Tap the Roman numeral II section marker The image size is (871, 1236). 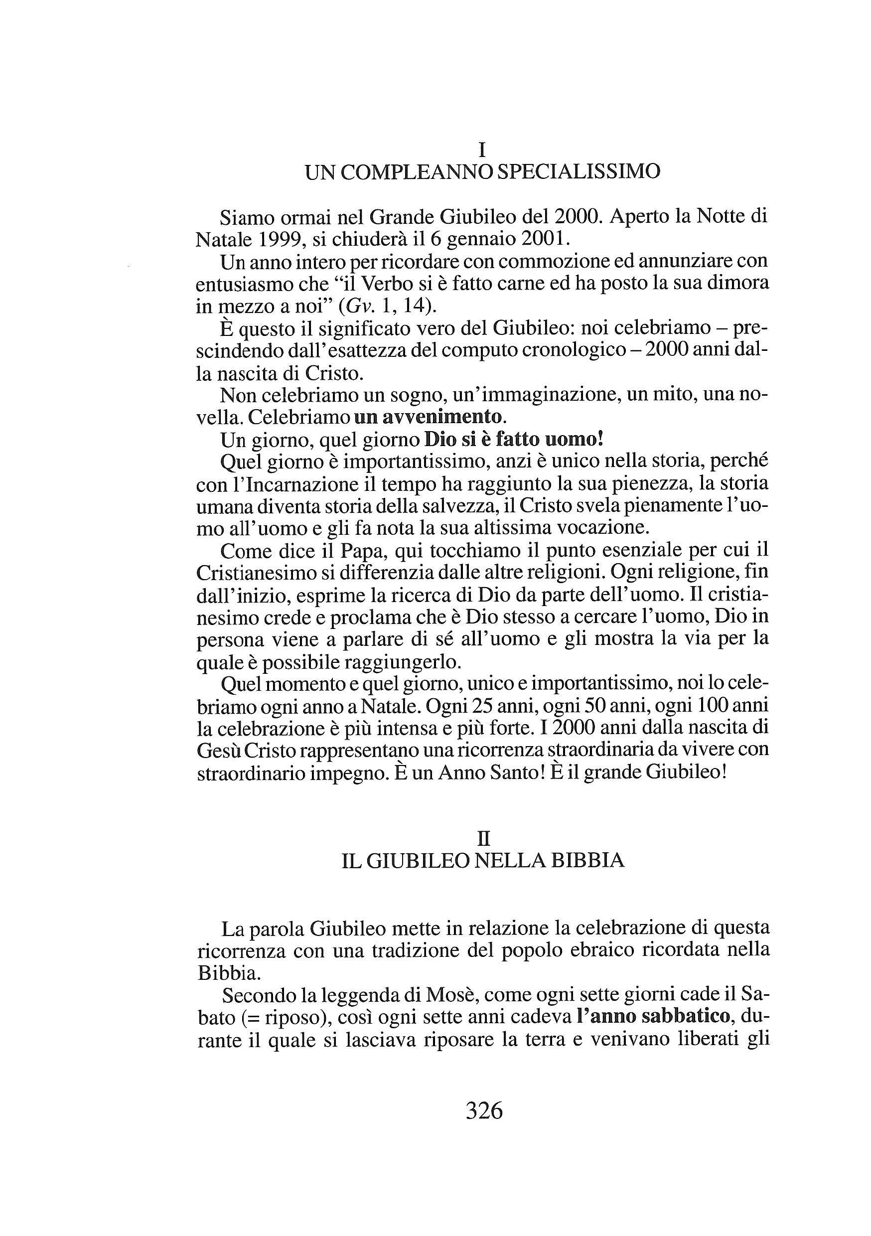coord(483,839)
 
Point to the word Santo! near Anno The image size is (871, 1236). coord(519,773)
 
